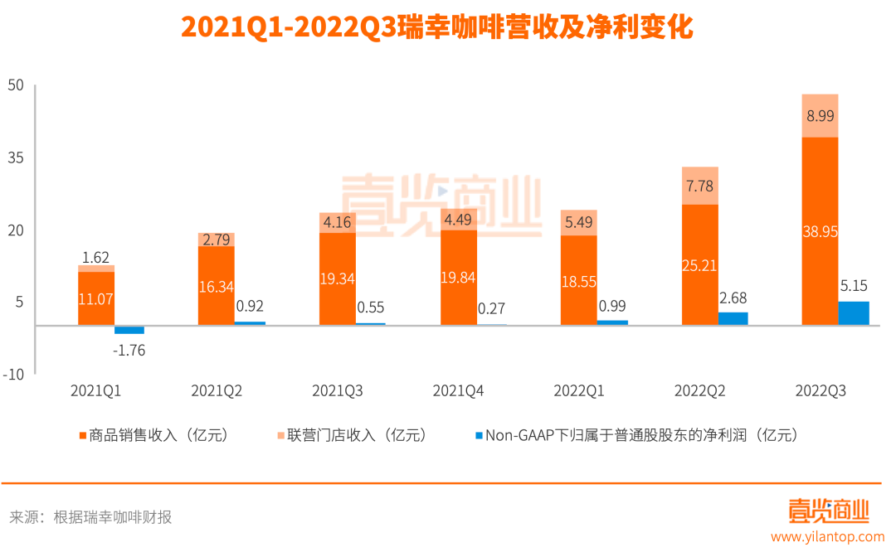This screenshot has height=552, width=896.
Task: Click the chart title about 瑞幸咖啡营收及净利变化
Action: pyautogui.click(x=436, y=27)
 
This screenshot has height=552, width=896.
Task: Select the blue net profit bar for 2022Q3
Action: pyautogui.click(x=854, y=313)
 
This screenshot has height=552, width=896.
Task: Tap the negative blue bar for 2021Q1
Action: pyautogui.click(x=129, y=330)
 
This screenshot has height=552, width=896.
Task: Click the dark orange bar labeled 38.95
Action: pyautogui.click(x=820, y=231)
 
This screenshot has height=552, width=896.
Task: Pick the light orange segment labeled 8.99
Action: pyautogui.click(x=820, y=116)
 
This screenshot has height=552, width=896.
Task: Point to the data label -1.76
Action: pyautogui.click(x=129, y=350)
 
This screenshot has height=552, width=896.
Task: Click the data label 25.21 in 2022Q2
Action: pyautogui.click(x=699, y=266)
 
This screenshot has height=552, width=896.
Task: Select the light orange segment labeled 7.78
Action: pyautogui.click(x=699, y=186)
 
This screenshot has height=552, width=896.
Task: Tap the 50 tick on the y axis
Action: pyautogui.click(x=16, y=85)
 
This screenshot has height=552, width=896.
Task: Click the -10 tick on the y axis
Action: pyautogui.click(x=14, y=374)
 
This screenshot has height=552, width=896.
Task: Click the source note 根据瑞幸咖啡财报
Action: pyautogui.click(x=113, y=517)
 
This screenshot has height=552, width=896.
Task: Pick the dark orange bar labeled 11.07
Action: pyautogui.click(x=96, y=298)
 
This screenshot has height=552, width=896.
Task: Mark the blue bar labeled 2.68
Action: pyautogui.click(x=733, y=319)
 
